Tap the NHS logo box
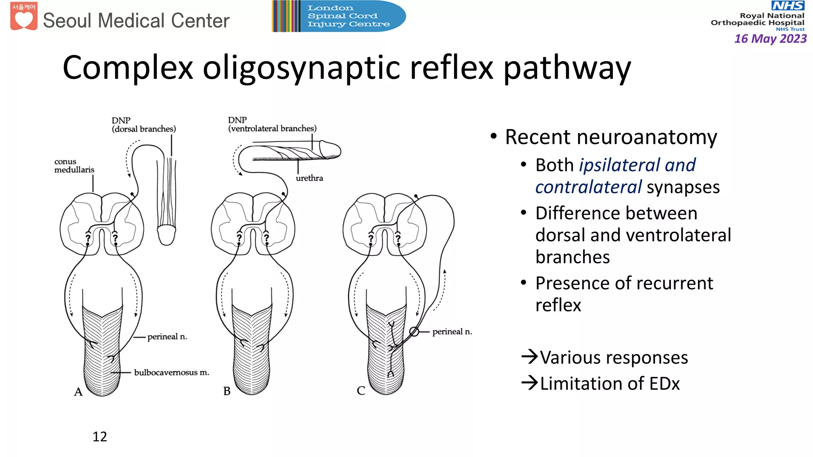coord(788,6)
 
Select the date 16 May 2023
coord(770,38)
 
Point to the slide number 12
coord(100,436)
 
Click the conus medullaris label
coord(74,165)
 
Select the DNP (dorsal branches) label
coord(143,125)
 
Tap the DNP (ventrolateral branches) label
coord(272,124)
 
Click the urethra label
coord(309,178)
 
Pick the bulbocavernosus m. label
coord(171,373)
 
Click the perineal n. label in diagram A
coord(167,337)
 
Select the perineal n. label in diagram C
coord(452,332)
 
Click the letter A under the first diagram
coord(78,392)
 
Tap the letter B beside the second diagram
coord(227,391)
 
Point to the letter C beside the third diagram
coord(361,391)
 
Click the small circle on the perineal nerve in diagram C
coord(414,332)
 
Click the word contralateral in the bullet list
coord(588,187)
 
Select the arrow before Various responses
coord(530,357)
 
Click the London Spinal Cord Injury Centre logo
coord(339,16)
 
